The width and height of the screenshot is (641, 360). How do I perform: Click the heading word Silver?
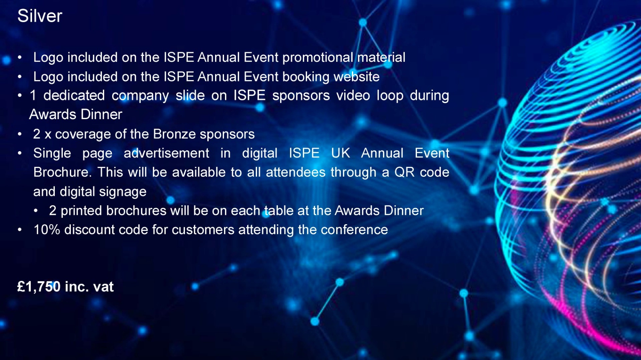[40, 16]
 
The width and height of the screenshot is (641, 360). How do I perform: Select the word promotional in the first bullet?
[318, 58]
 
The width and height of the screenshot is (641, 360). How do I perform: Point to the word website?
[357, 77]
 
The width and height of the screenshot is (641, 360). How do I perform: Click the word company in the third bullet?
[140, 96]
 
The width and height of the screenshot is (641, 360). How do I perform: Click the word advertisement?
[166, 153]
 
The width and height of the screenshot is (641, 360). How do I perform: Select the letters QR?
[404, 172]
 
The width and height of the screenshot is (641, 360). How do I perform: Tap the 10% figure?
[47, 230]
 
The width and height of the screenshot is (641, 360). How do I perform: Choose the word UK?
[341, 153]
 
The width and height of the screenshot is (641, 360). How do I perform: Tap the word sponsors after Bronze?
[227, 134]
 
